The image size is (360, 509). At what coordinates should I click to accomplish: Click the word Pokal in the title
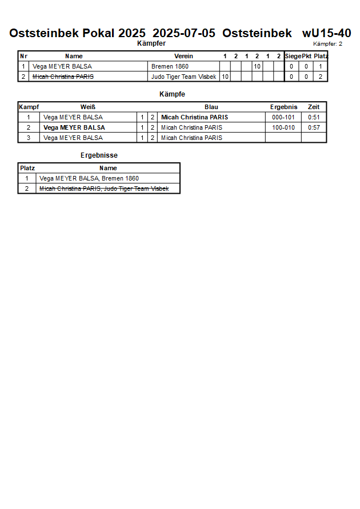click(x=99, y=33)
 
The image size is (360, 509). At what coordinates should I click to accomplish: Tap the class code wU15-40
click(x=326, y=33)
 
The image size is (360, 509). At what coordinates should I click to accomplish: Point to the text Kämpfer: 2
click(x=328, y=44)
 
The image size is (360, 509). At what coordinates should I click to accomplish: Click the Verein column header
click(x=183, y=56)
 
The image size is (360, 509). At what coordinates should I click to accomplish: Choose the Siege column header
click(x=293, y=56)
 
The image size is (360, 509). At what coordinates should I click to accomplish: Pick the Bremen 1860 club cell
click(x=170, y=66)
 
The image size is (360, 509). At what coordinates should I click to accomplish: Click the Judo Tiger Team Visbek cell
click(x=183, y=77)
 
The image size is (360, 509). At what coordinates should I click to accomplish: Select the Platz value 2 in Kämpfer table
click(x=321, y=77)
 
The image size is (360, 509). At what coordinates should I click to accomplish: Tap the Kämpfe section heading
click(x=171, y=94)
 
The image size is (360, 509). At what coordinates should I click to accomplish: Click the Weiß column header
click(x=87, y=107)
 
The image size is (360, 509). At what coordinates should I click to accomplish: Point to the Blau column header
click(x=211, y=107)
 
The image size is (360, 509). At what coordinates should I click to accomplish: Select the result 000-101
click(x=283, y=117)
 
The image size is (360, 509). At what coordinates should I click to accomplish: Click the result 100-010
click(x=283, y=127)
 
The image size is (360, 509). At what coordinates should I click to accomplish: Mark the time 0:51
click(x=314, y=117)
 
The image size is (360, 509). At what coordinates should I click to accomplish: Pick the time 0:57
click(x=314, y=127)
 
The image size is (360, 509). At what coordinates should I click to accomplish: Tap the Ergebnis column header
click(x=283, y=107)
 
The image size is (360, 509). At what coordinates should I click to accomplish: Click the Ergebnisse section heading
click(x=99, y=155)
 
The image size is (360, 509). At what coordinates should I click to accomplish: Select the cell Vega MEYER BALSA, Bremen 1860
click(x=89, y=178)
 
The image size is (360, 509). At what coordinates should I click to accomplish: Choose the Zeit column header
click(x=314, y=107)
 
